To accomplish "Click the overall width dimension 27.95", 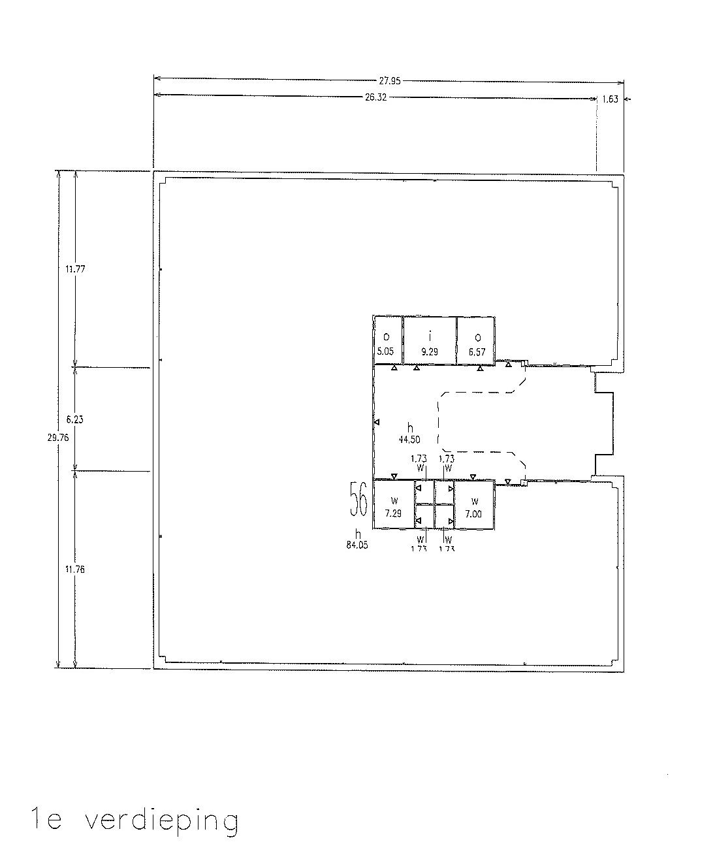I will (389, 82).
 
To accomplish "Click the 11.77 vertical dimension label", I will (75, 268).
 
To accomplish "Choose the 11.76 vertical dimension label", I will (75, 569).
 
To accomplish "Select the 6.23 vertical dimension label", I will (74, 420).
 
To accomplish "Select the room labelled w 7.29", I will (393, 507).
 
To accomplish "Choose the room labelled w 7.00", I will (473, 507).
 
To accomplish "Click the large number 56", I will (358, 499).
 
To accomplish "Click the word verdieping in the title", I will (161, 821).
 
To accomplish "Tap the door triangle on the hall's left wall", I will (377, 423).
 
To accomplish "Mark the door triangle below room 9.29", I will (417, 368).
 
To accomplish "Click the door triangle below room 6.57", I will (480, 368).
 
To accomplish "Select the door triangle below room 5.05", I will (394, 368).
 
